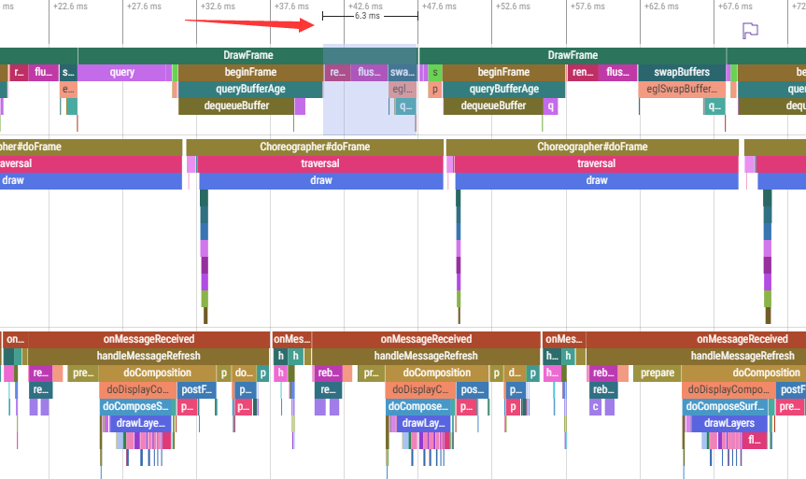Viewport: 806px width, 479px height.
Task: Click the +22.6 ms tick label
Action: click(x=72, y=6)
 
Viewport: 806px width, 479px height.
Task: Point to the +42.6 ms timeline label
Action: click(x=367, y=6)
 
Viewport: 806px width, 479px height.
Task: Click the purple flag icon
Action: click(x=749, y=30)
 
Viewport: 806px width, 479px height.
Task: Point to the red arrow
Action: click(x=252, y=20)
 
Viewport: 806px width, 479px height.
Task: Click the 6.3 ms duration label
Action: click(x=367, y=17)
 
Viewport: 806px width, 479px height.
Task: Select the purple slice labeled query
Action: click(x=122, y=72)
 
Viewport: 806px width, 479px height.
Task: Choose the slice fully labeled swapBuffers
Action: click(x=683, y=72)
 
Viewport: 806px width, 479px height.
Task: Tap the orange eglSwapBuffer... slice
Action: click(x=683, y=90)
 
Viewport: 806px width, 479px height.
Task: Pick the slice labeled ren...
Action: click(x=582, y=72)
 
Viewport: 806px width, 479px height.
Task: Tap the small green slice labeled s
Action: click(x=435, y=72)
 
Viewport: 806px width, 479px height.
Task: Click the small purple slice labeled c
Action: click(x=594, y=406)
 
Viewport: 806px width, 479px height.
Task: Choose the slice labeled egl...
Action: click(x=402, y=90)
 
